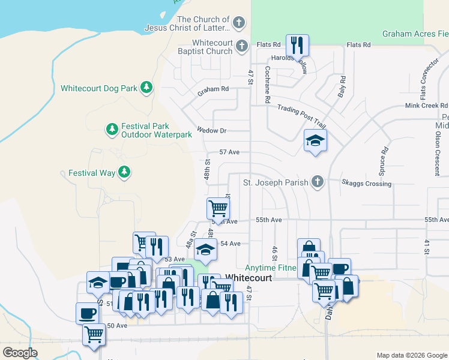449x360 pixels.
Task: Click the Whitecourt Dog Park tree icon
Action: click(x=146, y=88)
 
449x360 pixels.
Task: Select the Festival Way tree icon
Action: click(x=124, y=173)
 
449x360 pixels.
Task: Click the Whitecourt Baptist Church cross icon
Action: click(x=241, y=46)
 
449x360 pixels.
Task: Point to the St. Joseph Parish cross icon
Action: click(x=318, y=182)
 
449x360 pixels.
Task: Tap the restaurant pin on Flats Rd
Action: click(x=297, y=45)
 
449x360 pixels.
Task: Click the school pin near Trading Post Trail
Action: click(x=315, y=141)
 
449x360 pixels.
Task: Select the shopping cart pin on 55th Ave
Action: click(x=218, y=209)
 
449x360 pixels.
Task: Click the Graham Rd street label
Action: click(x=213, y=89)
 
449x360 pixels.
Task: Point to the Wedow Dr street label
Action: click(x=211, y=131)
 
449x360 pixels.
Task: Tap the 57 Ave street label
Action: click(x=229, y=152)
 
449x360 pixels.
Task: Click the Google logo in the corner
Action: click(x=20, y=353)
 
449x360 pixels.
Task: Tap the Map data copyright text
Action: click(x=412, y=355)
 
